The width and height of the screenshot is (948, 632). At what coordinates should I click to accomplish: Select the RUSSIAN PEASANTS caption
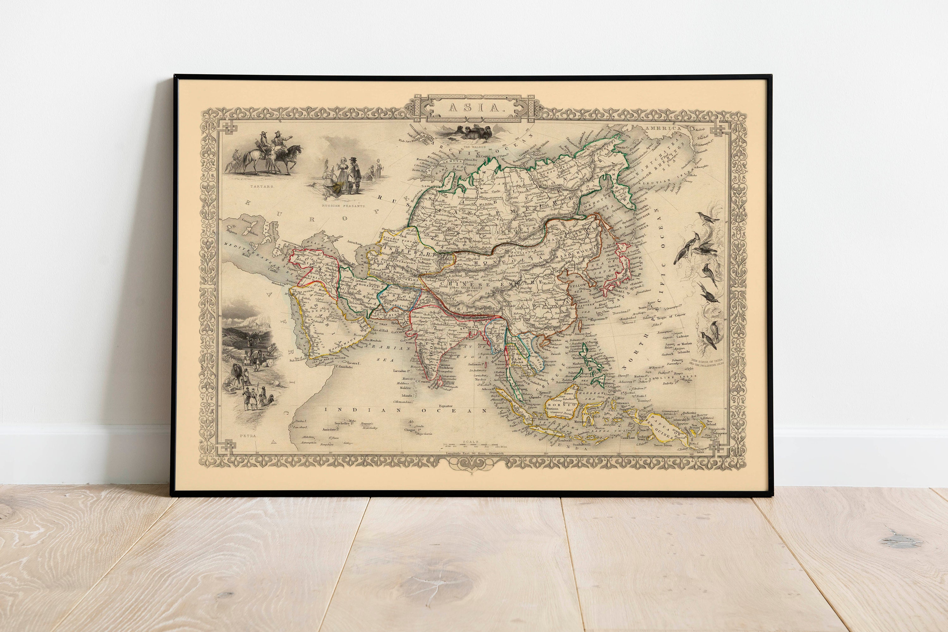[x=343, y=206]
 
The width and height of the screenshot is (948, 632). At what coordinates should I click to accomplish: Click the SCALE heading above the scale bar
[x=471, y=441]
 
